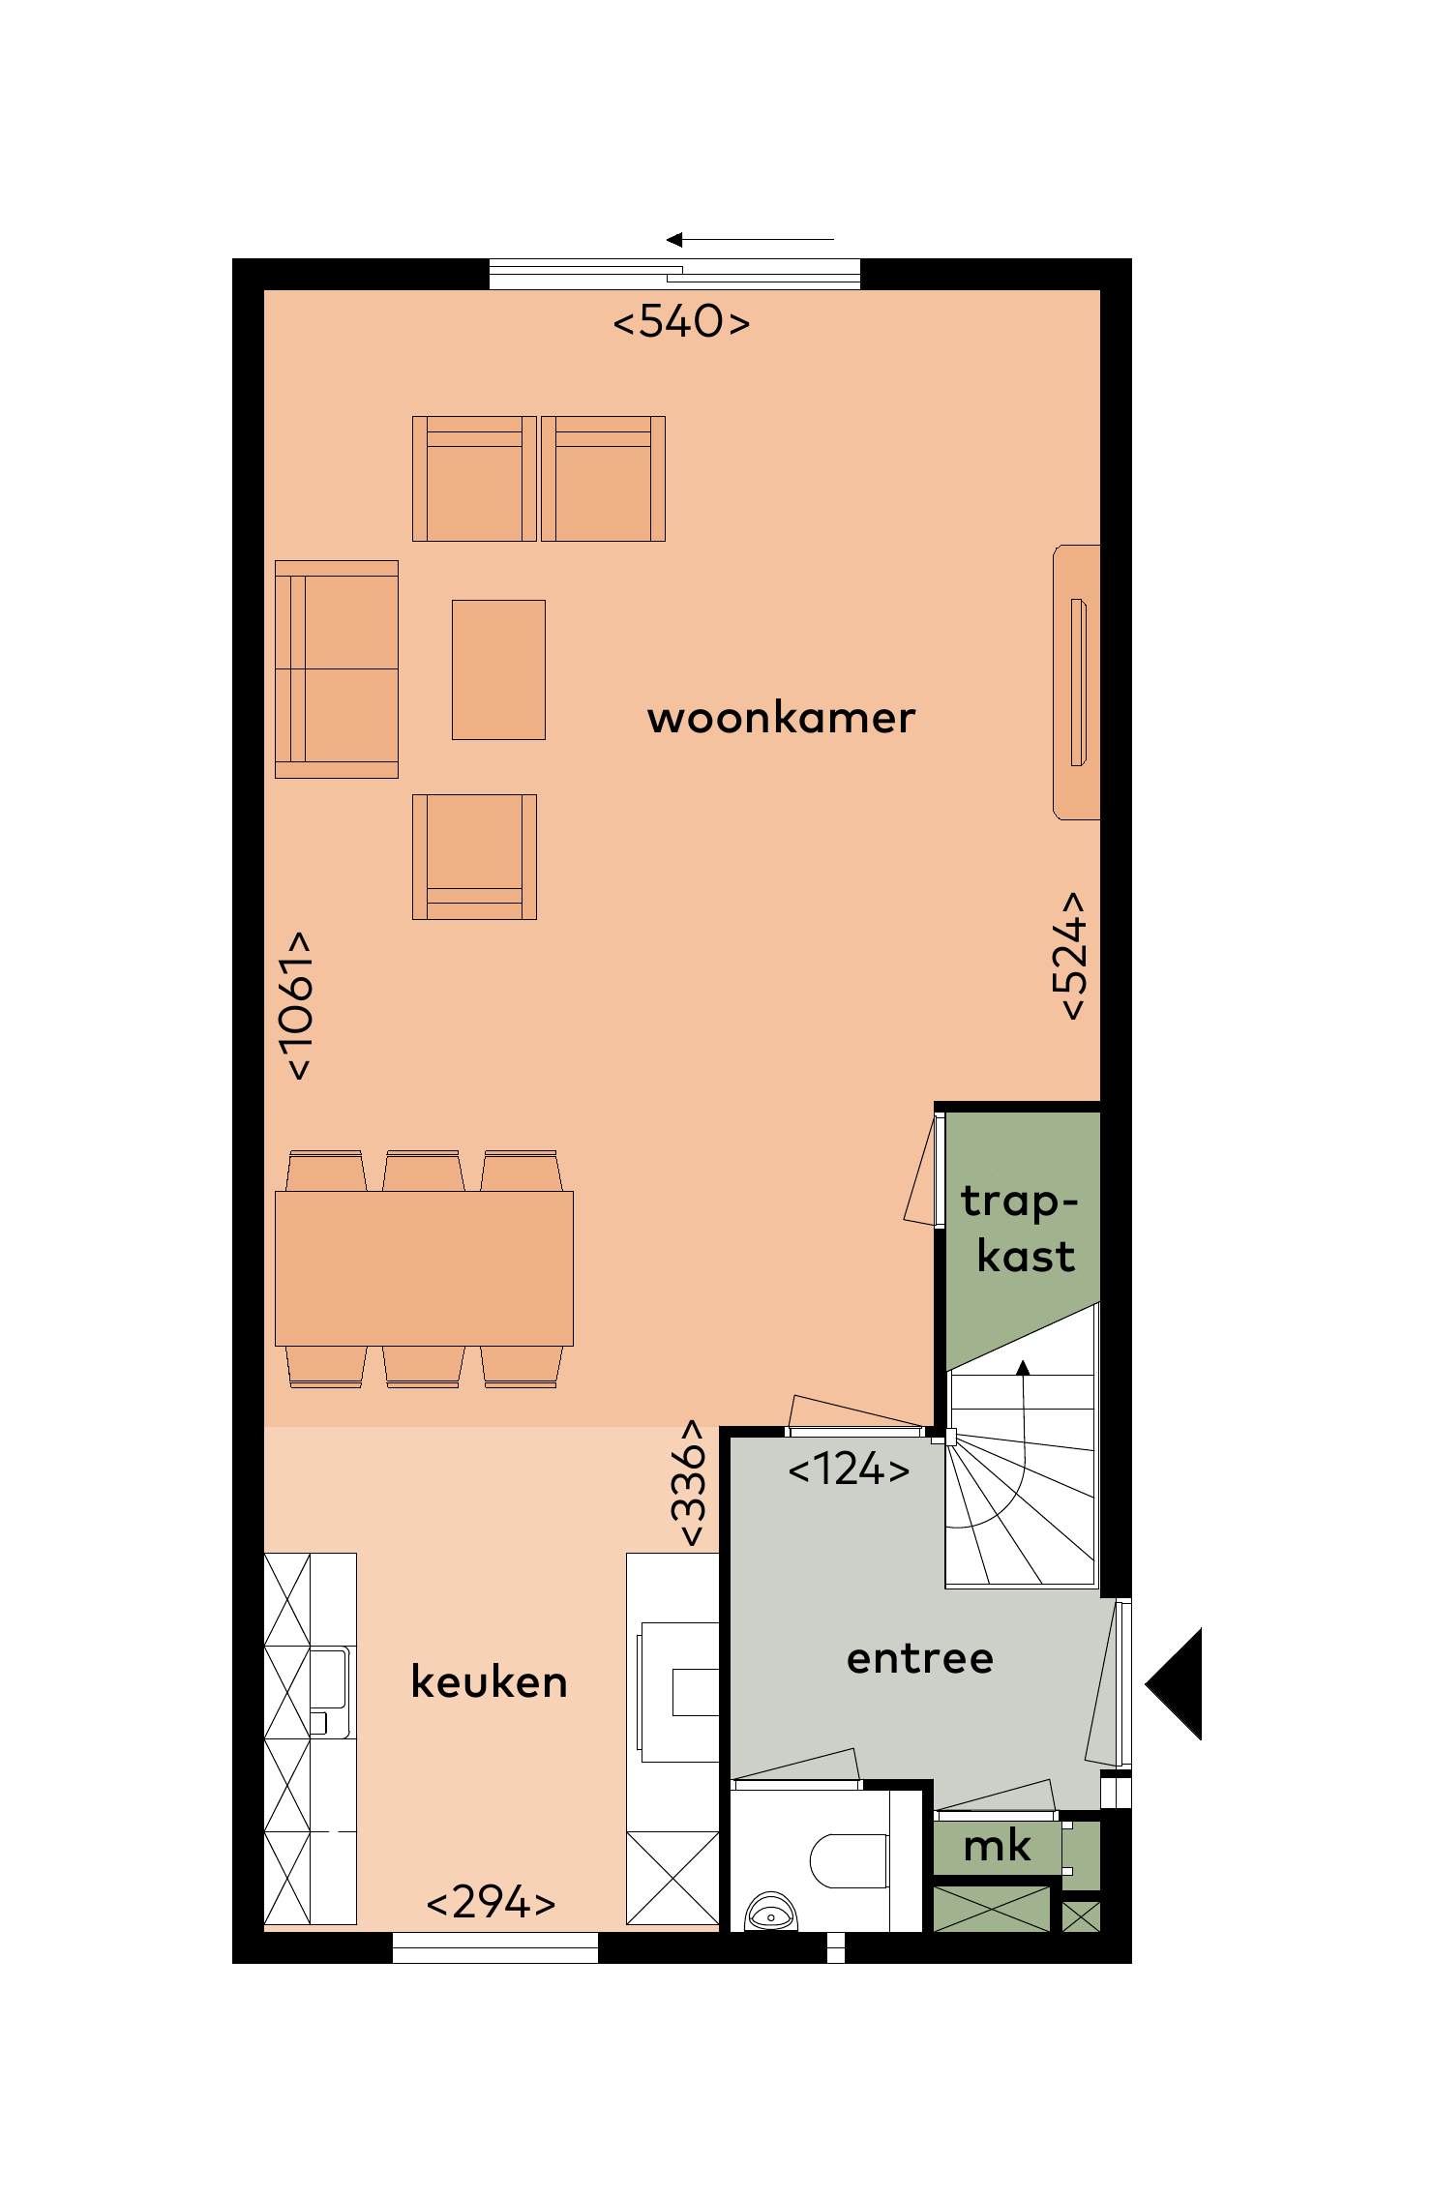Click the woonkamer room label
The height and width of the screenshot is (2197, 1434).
point(781,719)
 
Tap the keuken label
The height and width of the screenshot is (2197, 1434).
point(489,1682)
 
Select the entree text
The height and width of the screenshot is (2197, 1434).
point(919,1659)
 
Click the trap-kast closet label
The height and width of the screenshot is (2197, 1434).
point(1021,1229)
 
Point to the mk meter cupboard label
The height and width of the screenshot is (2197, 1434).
point(997,1846)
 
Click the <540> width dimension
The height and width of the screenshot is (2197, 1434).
point(681,321)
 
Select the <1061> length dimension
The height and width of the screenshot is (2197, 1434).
point(296,1006)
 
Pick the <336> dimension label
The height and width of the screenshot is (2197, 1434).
point(690,1483)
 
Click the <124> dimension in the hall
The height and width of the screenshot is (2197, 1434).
point(849,1470)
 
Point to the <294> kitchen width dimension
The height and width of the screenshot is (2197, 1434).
point(491,1902)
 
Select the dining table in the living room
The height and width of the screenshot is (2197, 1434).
point(424,1268)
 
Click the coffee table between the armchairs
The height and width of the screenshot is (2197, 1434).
point(498,669)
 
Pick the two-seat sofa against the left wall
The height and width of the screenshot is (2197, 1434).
point(337,669)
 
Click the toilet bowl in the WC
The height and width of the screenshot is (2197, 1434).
point(847,1860)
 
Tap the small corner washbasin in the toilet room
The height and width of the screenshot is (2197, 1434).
point(771,1914)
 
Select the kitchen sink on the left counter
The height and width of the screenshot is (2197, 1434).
point(327,1679)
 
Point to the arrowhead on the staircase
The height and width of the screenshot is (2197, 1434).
point(1023,1367)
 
